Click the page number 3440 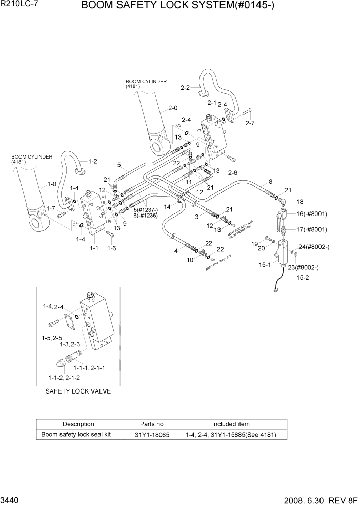11,499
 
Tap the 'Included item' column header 231,424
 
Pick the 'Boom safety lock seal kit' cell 78,435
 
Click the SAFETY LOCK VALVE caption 78,391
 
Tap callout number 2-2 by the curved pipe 185,88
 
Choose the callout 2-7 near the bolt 250,123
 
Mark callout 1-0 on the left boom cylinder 52,184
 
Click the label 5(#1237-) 146,209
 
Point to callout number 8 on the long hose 270,182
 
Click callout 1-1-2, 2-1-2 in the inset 65,378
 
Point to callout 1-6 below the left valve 111,248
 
